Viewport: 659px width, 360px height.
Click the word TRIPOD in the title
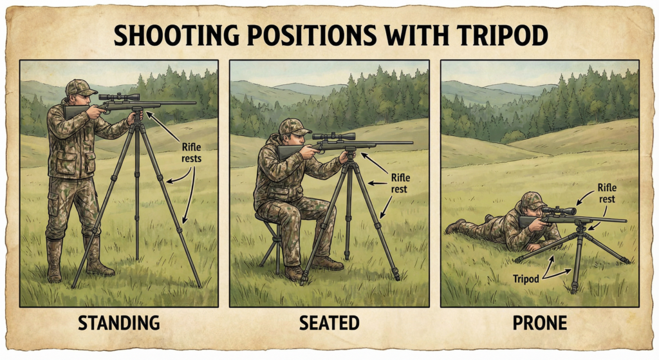pyautogui.click(x=503, y=35)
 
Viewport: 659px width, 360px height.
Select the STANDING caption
pyautogui.click(x=119, y=323)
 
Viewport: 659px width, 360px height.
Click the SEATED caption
pyautogui.click(x=329, y=323)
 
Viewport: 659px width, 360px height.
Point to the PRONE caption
pyautogui.click(x=540, y=323)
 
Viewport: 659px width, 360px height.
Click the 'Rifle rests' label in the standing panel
pyautogui.click(x=191, y=153)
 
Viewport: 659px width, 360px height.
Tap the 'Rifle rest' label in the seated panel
pyautogui.click(x=400, y=184)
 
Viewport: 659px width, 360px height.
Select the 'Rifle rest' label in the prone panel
pyautogui.click(x=606, y=193)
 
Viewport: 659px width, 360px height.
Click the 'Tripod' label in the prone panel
pyautogui.click(x=526, y=279)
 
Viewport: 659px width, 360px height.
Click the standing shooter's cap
pyautogui.click(x=80, y=88)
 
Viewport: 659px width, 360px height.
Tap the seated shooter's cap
pyautogui.click(x=293, y=127)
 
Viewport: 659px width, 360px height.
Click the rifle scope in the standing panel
pyautogui.click(x=119, y=97)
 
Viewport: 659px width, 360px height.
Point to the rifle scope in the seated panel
pyautogui.click(x=334, y=137)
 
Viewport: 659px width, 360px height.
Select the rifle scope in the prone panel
pyautogui.click(x=559, y=211)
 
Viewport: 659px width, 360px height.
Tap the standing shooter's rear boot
pyautogui.click(x=54, y=261)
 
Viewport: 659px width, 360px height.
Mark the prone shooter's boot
pyautogui.click(x=455, y=226)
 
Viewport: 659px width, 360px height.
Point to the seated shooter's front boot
pyautogui.click(x=328, y=263)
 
